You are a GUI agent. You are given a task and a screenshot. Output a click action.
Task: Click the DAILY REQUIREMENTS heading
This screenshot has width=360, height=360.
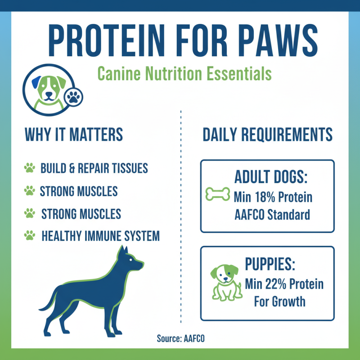pos(267,135)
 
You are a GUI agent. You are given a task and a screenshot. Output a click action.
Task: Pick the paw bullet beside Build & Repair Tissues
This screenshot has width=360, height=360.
pos(30,169)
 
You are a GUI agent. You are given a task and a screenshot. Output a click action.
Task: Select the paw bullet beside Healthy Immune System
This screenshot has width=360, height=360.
pos(30,235)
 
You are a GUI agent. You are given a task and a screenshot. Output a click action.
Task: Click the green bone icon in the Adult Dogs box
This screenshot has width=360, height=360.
pos(218,194)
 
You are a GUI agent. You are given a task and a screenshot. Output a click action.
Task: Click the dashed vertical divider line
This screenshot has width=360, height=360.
pos(180,216)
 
